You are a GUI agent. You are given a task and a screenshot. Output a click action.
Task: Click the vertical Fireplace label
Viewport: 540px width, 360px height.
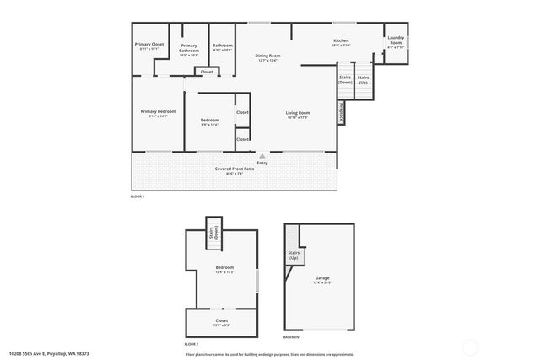tap(341, 112)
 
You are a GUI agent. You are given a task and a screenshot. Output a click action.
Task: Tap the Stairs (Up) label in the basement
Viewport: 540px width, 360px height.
tap(294, 255)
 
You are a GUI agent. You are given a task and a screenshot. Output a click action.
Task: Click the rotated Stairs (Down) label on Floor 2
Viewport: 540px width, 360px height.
tap(215, 233)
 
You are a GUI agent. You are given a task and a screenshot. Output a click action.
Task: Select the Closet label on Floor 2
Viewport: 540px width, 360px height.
tap(221, 322)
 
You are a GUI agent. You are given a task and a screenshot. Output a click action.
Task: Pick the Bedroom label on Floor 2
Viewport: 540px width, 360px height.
tap(224, 270)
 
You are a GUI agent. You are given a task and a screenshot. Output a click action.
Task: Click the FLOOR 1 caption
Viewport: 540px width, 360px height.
tap(138, 196)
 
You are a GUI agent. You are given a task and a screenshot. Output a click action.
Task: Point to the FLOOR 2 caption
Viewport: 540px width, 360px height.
tap(192, 344)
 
